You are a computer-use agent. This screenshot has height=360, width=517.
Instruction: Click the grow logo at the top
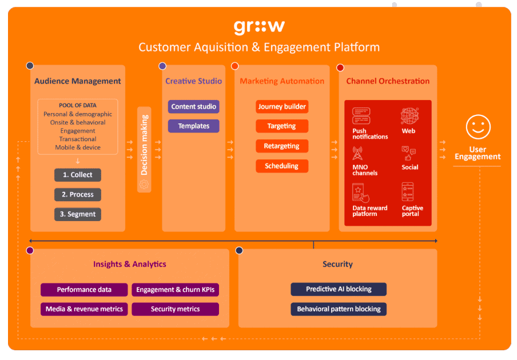(258, 27)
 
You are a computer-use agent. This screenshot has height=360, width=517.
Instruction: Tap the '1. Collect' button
(78, 175)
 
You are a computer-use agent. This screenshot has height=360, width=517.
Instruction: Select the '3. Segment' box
(78, 214)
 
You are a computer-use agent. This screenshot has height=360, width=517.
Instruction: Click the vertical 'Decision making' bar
(144, 149)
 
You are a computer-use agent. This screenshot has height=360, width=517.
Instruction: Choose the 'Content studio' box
(193, 107)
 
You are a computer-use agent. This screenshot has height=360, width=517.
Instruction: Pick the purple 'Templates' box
(193, 126)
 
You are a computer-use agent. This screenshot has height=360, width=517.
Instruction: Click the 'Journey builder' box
(282, 107)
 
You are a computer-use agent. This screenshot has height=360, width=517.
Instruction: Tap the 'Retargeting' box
(282, 146)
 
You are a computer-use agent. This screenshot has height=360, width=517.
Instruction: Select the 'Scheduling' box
(282, 166)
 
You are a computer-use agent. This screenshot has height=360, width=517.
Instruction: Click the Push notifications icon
(361, 116)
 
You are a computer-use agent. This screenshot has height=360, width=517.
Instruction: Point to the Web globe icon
(410, 116)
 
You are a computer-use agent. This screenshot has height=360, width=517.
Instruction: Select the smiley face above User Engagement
(478, 127)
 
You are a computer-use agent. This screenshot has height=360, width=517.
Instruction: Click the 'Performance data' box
(84, 290)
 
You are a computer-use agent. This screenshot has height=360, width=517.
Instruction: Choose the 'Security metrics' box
(175, 309)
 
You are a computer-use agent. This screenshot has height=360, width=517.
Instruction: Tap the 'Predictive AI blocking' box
(339, 289)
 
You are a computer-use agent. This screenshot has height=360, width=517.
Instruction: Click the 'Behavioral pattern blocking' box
(339, 309)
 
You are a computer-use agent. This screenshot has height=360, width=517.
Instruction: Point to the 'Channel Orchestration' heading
(388, 81)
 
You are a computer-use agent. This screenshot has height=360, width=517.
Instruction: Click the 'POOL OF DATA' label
(78, 106)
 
